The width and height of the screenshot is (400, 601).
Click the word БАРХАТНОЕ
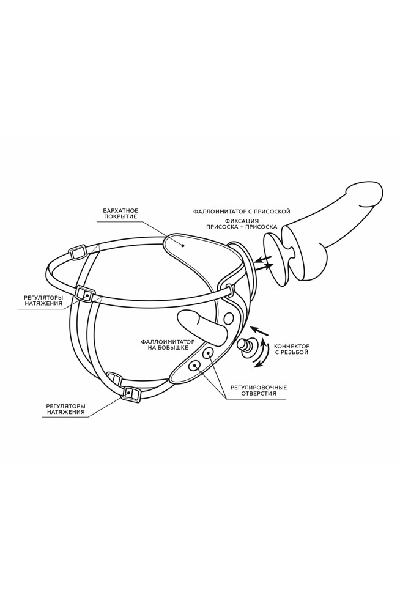(x=120, y=211)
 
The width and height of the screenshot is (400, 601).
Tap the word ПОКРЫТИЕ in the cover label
(x=120, y=217)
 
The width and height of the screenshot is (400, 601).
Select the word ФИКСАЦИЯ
(x=242, y=221)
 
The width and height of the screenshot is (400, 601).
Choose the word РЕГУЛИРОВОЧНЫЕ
(x=259, y=388)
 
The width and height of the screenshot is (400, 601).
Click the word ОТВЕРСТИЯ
(x=259, y=394)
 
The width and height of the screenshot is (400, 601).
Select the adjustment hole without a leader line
(x=229, y=318)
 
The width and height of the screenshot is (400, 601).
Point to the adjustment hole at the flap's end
(x=194, y=365)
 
